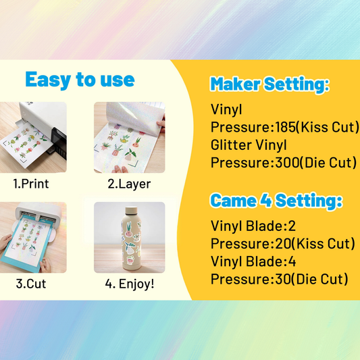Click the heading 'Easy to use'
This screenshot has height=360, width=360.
point(80,80)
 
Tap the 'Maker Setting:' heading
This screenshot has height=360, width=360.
point(269,84)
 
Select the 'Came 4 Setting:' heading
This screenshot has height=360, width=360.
point(276,201)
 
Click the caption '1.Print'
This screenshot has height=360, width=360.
point(31,183)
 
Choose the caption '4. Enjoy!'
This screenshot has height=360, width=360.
point(130,284)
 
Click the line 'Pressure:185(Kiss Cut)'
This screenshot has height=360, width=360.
point(284,126)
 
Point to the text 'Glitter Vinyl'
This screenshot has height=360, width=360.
point(249,144)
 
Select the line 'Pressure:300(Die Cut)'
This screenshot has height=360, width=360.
point(284,162)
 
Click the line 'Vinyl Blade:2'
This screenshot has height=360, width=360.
point(249,226)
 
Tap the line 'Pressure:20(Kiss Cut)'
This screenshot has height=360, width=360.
point(283,244)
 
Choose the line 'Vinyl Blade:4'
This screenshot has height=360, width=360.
point(249,261)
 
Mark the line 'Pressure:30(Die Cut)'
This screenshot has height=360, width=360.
point(279,279)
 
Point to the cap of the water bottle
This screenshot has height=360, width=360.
point(128,207)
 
